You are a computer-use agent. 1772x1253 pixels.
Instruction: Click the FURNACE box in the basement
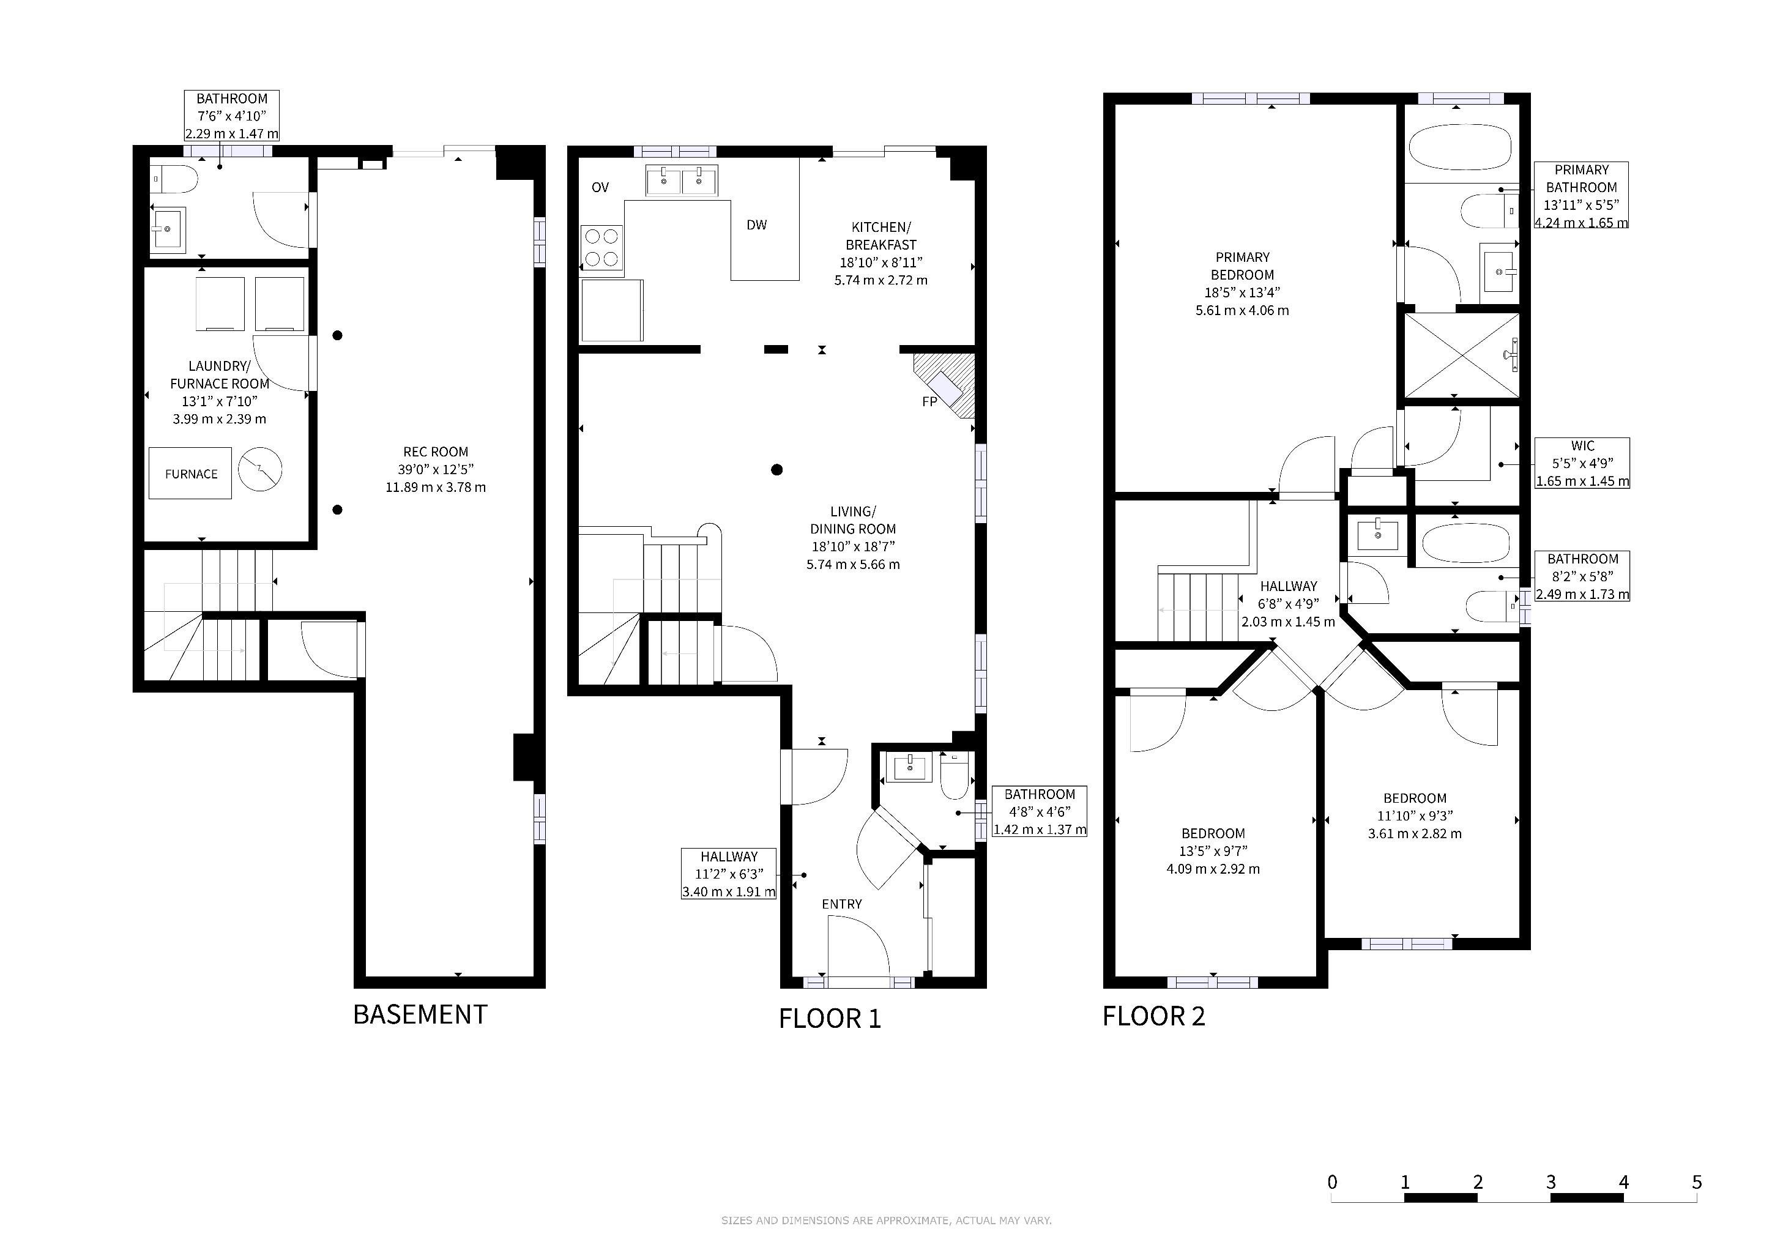[190, 473]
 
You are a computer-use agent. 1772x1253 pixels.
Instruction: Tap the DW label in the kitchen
[756, 225]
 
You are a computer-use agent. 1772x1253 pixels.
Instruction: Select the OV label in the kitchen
[600, 187]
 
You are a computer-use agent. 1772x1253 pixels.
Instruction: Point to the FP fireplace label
[929, 401]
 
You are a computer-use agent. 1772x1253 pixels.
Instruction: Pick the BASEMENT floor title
[420, 1014]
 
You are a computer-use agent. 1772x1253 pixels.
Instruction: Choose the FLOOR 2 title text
[1153, 1016]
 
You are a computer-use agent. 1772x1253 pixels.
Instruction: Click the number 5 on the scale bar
[1696, 1182]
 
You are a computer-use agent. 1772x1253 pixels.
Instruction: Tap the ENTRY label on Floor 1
[841, 904]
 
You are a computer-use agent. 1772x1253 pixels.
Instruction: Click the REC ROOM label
[435, 452]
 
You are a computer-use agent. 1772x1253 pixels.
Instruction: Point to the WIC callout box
[1582, 463]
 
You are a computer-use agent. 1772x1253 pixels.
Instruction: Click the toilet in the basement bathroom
[174, 179]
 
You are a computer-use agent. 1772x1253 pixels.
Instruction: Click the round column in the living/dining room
[777, 469]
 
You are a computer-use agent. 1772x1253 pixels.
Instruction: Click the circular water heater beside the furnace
[260, 468]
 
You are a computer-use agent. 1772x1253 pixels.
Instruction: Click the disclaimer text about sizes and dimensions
[886, 1221]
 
